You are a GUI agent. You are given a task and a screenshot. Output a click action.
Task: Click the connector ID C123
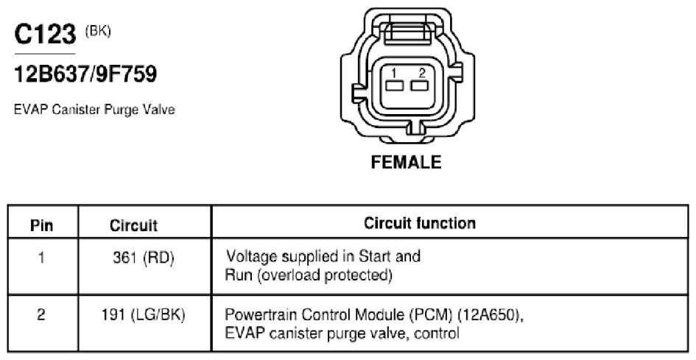(45, 34)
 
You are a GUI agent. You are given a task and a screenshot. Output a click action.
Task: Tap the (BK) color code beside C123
(98, 32)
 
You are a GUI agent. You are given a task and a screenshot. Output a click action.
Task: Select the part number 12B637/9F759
(85, 74)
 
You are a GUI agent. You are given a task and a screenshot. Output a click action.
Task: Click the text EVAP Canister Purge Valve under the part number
(94, 109)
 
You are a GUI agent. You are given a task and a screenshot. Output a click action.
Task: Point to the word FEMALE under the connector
(406, 162)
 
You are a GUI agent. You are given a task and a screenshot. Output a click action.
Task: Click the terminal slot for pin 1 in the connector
(394, 85)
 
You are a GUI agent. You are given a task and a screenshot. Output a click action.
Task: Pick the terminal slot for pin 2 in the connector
(419, 85)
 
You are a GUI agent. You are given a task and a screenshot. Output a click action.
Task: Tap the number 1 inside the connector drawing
(394, 73)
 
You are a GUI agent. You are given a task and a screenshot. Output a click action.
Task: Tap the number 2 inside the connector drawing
(422, 73)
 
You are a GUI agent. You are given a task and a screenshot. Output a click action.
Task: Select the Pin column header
(42, 225)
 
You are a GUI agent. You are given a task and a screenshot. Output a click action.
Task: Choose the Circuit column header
(133, 225)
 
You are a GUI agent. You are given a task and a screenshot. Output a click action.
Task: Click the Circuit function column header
(420, 223)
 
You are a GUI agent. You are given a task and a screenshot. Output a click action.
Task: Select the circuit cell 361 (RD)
(144, 258)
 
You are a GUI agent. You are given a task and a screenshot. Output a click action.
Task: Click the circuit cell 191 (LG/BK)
(143, 316)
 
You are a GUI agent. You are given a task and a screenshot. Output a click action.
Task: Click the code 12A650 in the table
(489, 315)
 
